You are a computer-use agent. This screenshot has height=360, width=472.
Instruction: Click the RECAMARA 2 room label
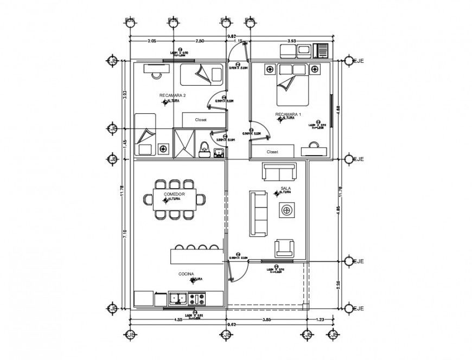(x=173, y=95)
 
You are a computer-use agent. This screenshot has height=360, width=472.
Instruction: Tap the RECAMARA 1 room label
(x=288, y=114)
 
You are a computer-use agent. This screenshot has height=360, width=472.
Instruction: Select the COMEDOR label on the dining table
(x=174, y=194)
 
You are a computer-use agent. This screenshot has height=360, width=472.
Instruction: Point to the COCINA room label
(x=186, y=274)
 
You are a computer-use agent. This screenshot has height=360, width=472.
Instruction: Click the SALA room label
(x=285, y=189)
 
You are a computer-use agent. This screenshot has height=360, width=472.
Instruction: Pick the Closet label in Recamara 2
(x=202, y=120)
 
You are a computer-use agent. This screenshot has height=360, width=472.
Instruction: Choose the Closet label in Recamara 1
(x=272, y=152)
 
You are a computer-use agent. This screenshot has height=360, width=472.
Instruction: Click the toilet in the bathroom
(x=205, y=147)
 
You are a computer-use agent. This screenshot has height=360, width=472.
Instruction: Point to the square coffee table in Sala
(x=286, y=210)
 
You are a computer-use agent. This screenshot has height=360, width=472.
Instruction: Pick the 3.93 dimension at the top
(x=291, y=41)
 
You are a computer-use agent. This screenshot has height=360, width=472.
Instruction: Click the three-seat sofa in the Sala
(x=258, y=213)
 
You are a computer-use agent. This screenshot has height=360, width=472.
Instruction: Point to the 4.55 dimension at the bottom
(x=178, y=319)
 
